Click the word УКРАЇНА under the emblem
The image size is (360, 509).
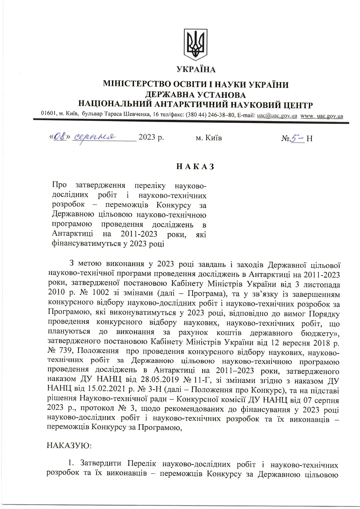[x=196, y=70]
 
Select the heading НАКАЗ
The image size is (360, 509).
[x=195, y=167]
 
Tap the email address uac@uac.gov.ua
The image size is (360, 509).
[x=277, y=116]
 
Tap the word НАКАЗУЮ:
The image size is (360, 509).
[x=69, y=445]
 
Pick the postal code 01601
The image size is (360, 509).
[x=48, y=113]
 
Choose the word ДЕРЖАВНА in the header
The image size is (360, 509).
[x=170, y=95]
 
